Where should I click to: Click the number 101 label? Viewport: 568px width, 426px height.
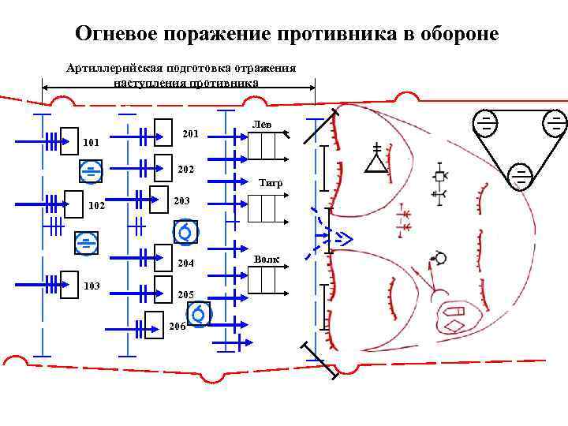tap(91, 143)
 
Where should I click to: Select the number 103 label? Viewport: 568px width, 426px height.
tap(92, 286)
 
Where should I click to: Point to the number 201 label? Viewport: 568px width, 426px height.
tap(190, 134)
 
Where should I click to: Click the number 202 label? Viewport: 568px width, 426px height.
tap(186, 169)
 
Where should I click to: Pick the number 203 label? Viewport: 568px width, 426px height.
tap(182, 201)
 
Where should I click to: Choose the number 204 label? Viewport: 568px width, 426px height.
tap(186, 263)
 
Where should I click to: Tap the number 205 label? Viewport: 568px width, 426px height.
tap(186, 294)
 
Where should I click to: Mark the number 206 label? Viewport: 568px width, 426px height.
tap(177, 327)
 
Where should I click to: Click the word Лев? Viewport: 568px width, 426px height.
tap(262, 124)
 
